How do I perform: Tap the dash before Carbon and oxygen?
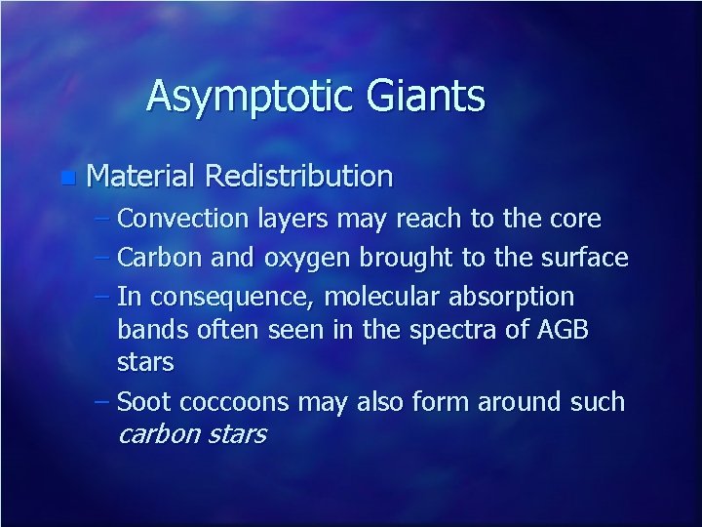pyautogui.click(x=104, y=259)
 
